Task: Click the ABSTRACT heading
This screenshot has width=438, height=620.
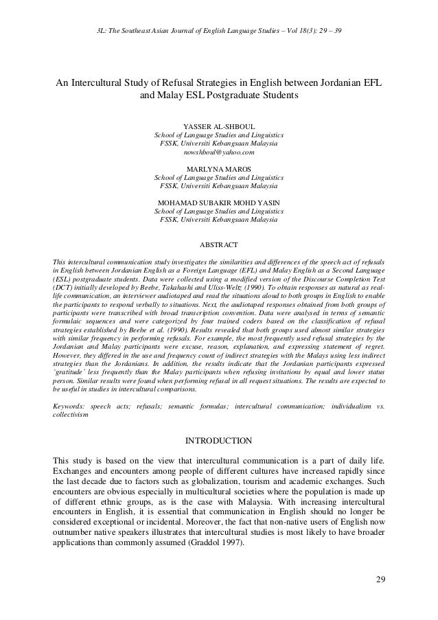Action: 218,244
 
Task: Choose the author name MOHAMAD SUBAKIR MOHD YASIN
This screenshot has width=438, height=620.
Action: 218,203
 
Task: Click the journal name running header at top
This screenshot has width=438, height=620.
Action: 218,32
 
